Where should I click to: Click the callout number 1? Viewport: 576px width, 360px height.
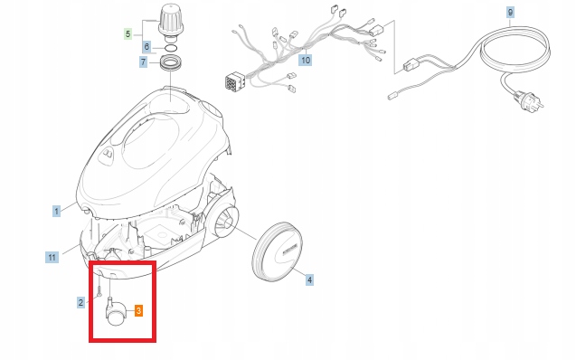tap(56, 210)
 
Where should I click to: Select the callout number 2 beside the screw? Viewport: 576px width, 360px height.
tap(80, 302)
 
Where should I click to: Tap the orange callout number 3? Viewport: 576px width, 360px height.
tap(138, 310)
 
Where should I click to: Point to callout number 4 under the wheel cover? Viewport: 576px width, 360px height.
tap(309, 280)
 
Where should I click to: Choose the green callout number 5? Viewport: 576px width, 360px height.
tap(127, 33)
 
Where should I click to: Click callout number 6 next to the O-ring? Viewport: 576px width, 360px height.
tap(146, 46)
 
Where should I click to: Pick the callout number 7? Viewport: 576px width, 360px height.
tap(143, 62)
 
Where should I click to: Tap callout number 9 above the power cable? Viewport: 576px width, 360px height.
tap(510, 12)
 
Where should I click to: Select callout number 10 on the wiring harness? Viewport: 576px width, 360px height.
tap(306, 60)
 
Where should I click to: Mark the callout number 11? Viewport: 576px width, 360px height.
tap(52, 257)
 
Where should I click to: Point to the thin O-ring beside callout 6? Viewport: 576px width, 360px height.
tap(169, 46)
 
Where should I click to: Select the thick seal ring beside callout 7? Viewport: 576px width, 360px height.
tap(170, 64)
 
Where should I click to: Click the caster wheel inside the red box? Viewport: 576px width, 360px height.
tap(117, 313)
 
